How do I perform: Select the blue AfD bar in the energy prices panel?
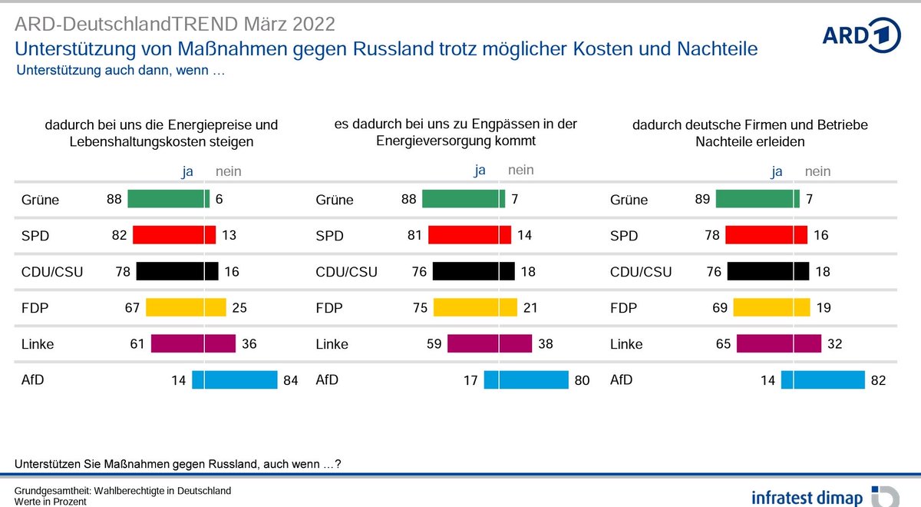[234, 379]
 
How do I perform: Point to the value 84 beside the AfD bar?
[290, 379]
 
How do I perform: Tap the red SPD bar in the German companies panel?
[766, 235]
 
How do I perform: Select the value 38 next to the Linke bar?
[544, 343]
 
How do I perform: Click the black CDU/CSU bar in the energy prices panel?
[178, 271]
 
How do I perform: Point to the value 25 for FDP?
[239, 307]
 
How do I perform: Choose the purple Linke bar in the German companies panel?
[778, 343]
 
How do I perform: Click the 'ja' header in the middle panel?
[480, 171]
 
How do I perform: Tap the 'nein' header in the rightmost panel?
[818, 172]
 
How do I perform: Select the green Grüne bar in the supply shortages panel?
[463, 199]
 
